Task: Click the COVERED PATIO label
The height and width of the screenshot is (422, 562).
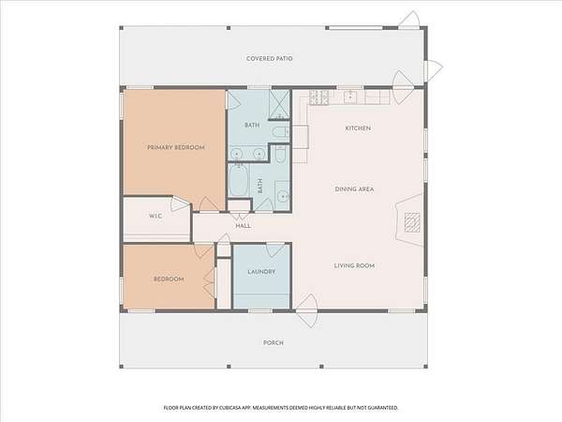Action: [269, 58]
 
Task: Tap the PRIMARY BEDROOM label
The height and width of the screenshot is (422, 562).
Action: [176, 147]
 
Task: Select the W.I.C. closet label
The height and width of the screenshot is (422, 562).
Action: [155, 216]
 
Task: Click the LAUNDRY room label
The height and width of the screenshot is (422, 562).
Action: [261, 272]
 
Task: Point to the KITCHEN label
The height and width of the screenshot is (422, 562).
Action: [358, 128]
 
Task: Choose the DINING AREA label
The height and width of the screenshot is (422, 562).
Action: [354, 189]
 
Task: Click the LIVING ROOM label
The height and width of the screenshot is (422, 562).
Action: [354, 266]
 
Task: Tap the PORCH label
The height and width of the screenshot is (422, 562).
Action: [274, 343]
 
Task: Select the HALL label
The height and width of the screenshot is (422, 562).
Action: [244, 226]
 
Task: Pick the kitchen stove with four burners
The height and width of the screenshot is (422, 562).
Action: [319, 98]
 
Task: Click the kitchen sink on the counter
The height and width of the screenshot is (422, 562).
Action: [349, 98]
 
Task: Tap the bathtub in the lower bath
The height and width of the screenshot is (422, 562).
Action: [238, 180]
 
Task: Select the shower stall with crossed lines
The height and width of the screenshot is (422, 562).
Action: [279, 104]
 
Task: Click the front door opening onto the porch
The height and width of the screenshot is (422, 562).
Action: [307, 310]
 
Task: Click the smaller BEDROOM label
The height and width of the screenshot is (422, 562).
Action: [169, 279]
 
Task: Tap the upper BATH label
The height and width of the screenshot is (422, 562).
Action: [252, 126]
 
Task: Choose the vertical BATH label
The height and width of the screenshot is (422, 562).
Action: [259, 186]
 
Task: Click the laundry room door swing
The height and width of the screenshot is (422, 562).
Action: [275, 250]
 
